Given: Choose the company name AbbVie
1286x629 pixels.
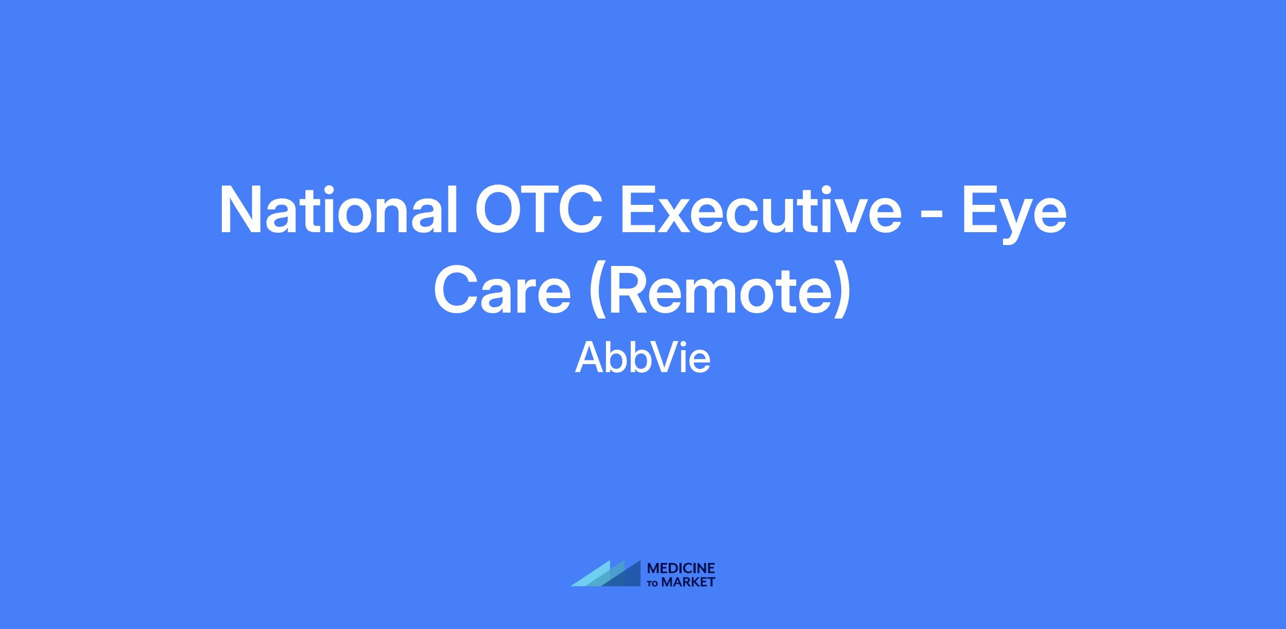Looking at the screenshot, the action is [642, 358].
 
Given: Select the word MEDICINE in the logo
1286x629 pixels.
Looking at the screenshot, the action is [681, 568].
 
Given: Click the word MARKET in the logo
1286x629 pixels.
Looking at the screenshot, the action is [688, 582].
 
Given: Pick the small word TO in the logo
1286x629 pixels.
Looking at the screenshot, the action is [653, 583].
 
